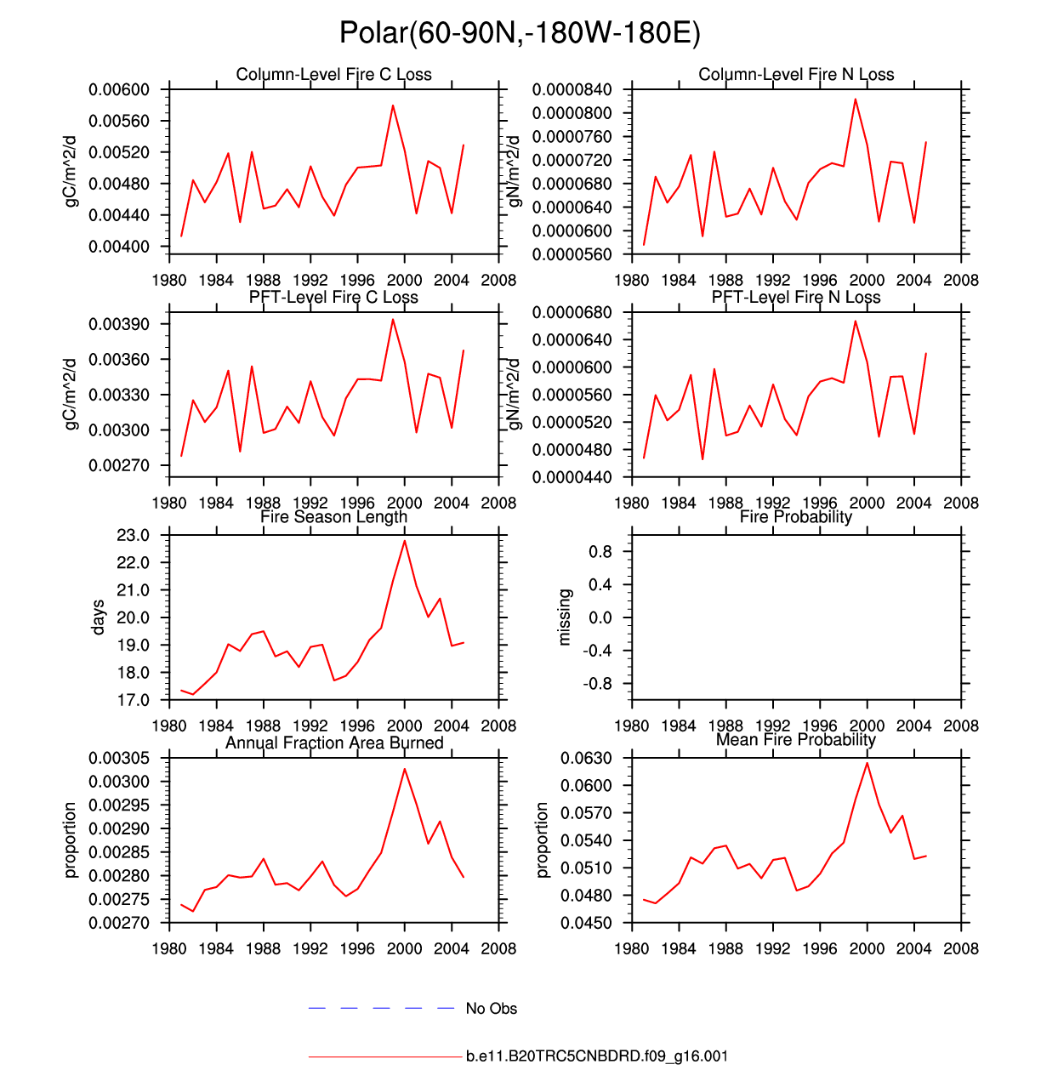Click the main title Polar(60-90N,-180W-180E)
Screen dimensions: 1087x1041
pyautogui.click(x=520, y=33)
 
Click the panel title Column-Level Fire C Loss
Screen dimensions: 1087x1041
pyautogui.click(x=333, y=75)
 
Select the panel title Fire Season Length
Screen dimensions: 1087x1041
pyautogui.click(x=333, y=517)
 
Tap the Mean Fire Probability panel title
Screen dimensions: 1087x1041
pyautogui.click(x=795, y=740)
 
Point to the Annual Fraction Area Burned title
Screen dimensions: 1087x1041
pyautogui.click(x=333, y=743)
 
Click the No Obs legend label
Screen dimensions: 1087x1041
pyautogui.click(x=491, y=1009)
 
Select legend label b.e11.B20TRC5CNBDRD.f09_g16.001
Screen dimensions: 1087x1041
pyautogui.click(x=596, y=1056)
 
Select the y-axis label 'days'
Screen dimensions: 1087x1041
pyautogui.click(x=99, y=617)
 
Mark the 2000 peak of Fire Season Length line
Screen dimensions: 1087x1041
pyautogui.click(x=405, y=540)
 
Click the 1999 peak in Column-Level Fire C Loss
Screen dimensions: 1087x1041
pyautogui.click(x=393, y=105)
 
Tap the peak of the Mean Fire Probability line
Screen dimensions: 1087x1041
pyautogui.click(x=867, y=763)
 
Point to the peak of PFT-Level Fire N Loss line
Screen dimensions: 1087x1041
pyautogui.click(x=856, y=321)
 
